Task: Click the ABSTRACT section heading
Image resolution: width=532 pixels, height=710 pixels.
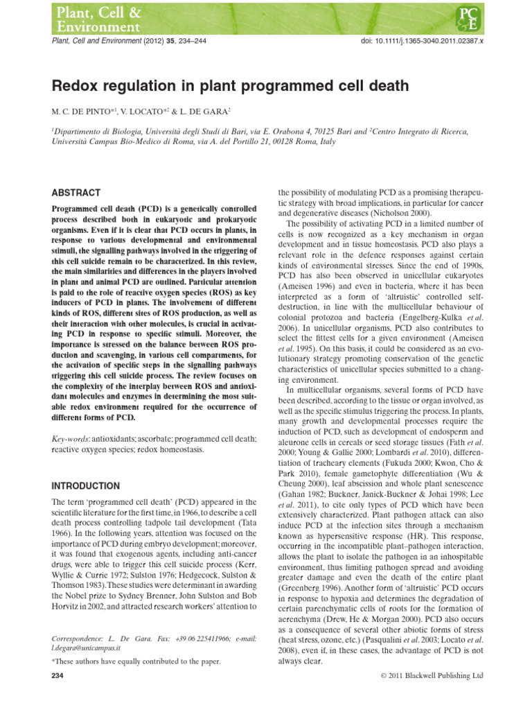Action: tap(76, 193)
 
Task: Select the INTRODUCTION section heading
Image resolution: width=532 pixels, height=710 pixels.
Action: tap(86, 485)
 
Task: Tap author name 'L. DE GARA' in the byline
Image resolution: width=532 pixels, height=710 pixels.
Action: tap(208, 111)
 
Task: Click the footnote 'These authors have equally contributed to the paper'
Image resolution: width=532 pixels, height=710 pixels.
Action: tap(138, 662)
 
